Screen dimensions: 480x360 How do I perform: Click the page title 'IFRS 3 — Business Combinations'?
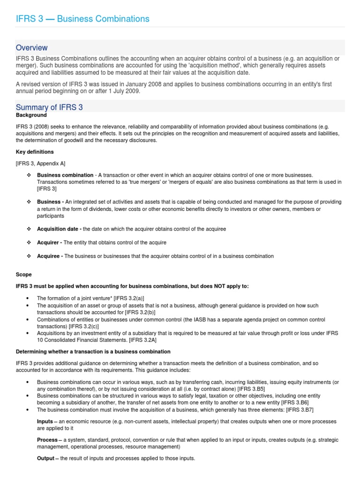click(82, 19)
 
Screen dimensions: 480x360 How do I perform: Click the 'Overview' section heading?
click(31, 48)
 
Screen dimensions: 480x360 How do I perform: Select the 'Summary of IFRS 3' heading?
click(49, 107)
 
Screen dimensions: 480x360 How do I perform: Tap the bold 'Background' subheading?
click(31, 115)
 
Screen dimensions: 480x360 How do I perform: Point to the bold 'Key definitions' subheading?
click(35, 152)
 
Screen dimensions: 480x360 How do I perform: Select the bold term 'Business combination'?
click(65, 175)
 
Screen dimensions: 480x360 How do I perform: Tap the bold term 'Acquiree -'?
click(50, 256)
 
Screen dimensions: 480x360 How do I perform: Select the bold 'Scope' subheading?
click(24, 274)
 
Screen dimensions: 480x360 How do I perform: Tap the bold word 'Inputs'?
click(45, 421)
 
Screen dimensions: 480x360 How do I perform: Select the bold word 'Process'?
click(47, 440)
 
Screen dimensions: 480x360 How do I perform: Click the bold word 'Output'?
click(45, 458)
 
